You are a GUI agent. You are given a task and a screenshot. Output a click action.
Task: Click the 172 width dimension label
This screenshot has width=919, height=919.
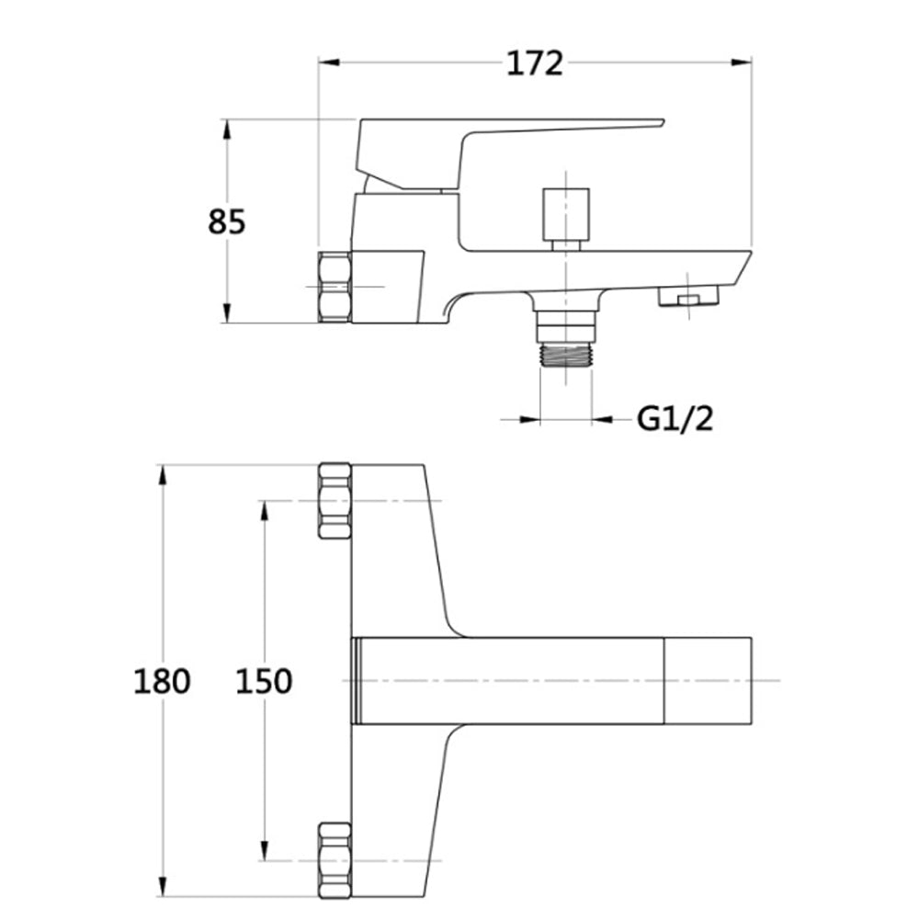pyautogui.click(x=535, y=63)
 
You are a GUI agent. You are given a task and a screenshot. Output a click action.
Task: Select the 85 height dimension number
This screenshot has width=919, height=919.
pyautogui.click(x=227, y=221)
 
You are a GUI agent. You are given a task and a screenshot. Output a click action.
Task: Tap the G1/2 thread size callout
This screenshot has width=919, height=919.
pyautogui.click(x=675, y=419)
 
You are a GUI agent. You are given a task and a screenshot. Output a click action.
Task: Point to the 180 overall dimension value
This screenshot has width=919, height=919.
pyautogui.click(x=163, y=681)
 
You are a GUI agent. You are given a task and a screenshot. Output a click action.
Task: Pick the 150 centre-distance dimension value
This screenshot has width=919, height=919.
pyautogui.click(x=264, y=681)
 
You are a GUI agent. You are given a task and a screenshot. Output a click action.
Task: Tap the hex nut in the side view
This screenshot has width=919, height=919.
pyautogui.click(x=335, y=287)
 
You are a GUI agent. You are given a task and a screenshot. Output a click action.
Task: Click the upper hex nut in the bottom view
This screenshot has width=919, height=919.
pyautogui.click(x=335, y=501)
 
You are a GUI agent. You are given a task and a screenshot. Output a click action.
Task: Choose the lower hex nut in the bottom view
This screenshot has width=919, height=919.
pyautogui.click(x=335, y=860)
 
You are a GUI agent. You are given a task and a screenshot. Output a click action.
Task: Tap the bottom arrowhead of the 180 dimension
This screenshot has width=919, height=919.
pyautogui.click(x=163, y=886)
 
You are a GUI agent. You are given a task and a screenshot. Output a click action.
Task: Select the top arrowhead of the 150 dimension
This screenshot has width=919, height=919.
pyautogui.click(x=264, y=511)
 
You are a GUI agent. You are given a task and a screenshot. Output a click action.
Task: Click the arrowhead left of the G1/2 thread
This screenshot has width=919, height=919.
pyautogui.click(x=528, y=419)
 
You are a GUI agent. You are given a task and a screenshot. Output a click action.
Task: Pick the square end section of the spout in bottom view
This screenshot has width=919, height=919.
pyautogui.click(x=708, y=680)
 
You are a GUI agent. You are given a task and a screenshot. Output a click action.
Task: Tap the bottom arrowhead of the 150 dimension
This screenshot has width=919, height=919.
pyautogui.click(x=264, y=851)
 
